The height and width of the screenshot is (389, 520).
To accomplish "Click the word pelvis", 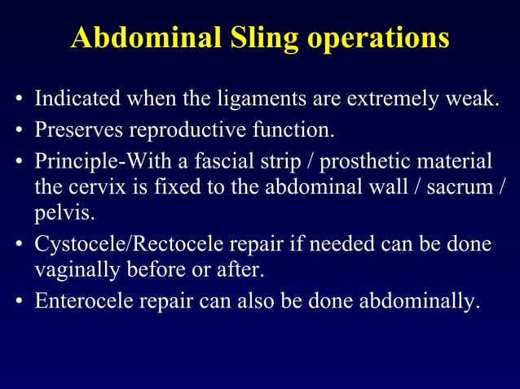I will (x=57, y=215).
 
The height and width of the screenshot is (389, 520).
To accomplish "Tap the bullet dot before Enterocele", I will (x=18, y=301).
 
